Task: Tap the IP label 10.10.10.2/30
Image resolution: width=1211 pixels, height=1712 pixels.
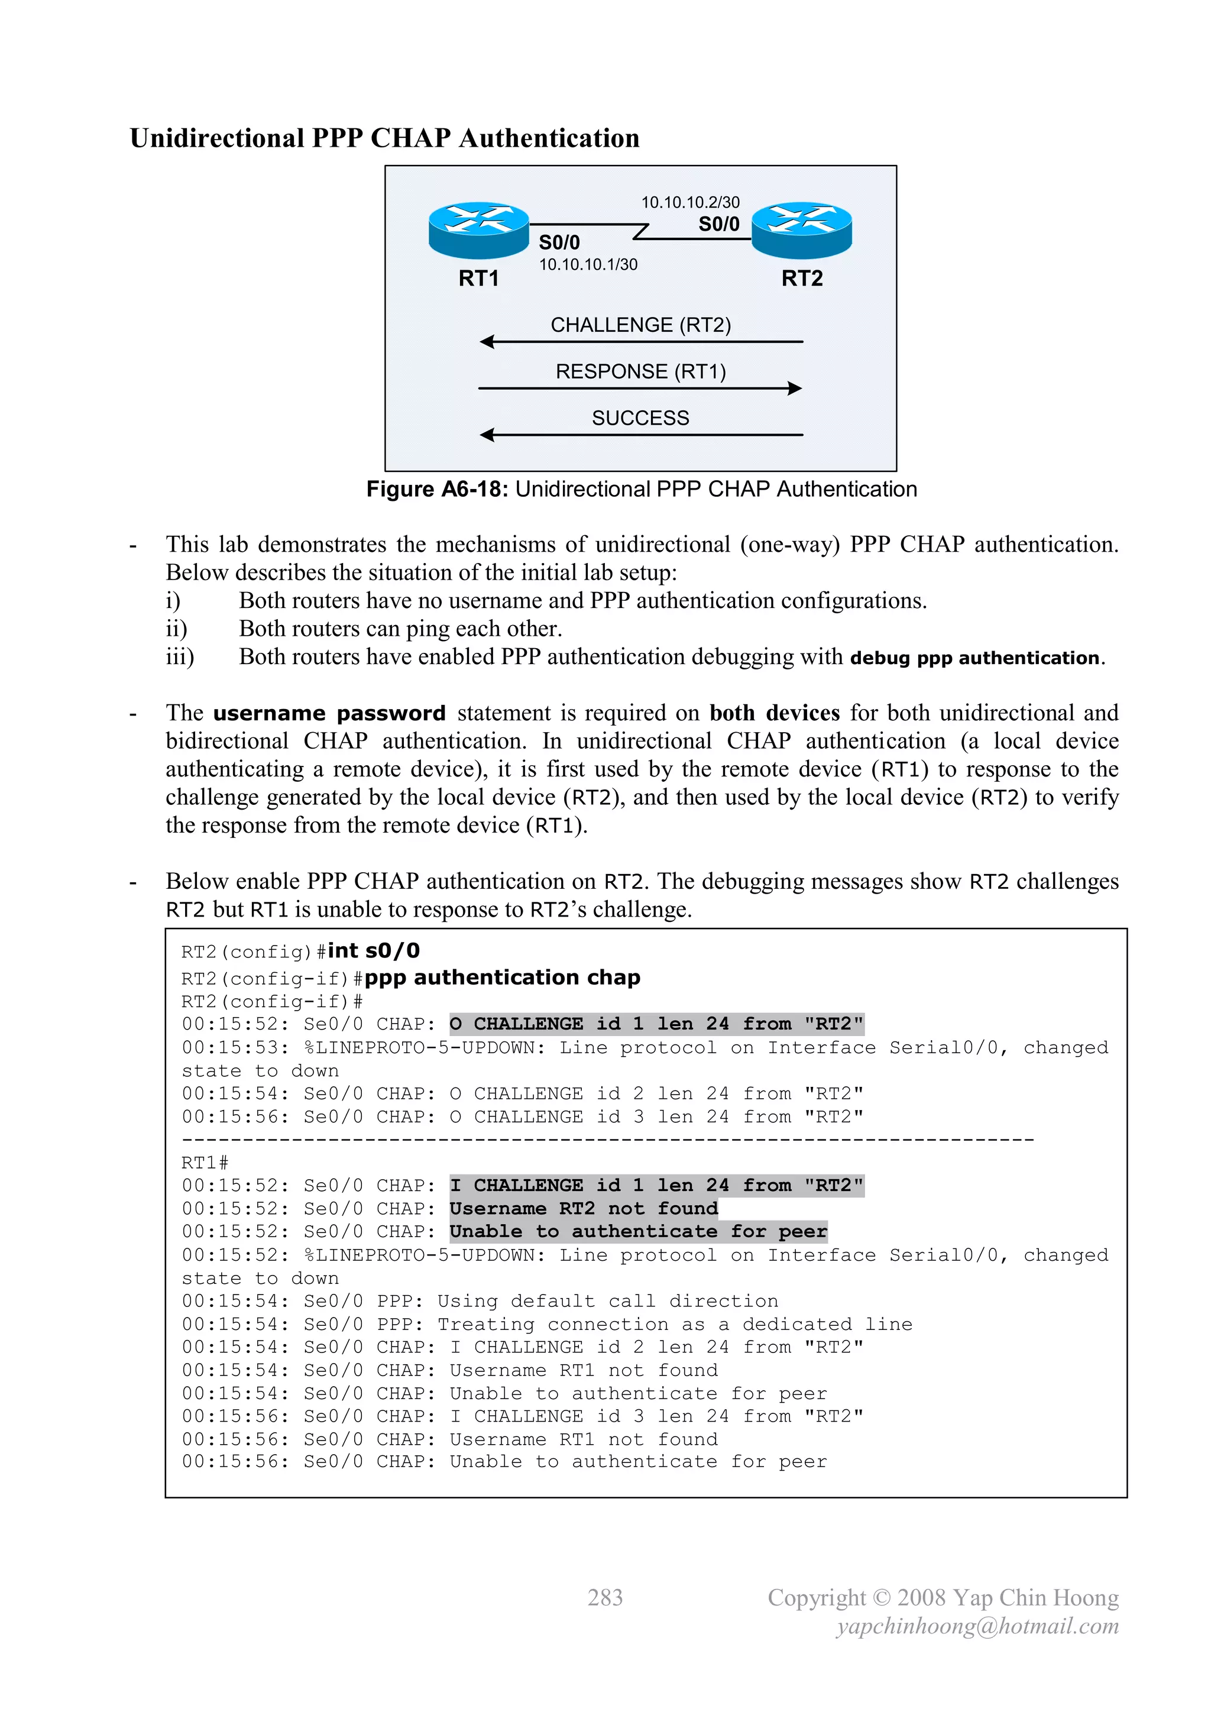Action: click(690, 202)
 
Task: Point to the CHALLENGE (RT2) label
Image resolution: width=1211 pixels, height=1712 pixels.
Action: click(640, 325)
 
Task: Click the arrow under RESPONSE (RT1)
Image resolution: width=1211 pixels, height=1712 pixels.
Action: click(640, 388)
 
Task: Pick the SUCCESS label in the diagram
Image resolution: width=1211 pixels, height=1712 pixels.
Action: click(640, 418)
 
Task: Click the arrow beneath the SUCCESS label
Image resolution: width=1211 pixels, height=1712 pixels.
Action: click(640, 435)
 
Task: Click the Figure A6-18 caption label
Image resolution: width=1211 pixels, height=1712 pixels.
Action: click(437, 489)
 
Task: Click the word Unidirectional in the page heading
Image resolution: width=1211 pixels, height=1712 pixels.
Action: click(216, 139)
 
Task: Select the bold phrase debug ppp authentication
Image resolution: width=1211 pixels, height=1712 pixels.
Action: click(974, 658)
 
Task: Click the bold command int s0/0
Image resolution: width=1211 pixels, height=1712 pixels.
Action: click(374, 951)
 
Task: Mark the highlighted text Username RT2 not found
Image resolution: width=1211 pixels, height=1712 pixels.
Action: click(583, 1209)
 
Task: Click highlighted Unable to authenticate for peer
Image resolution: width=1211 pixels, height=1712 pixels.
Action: click(638, 1232)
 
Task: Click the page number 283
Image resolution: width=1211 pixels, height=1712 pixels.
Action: click(605, 1597)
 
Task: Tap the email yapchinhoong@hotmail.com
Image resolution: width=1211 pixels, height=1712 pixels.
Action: click(977, 1626)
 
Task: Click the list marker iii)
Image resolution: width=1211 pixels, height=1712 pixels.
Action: click(180, 657)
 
